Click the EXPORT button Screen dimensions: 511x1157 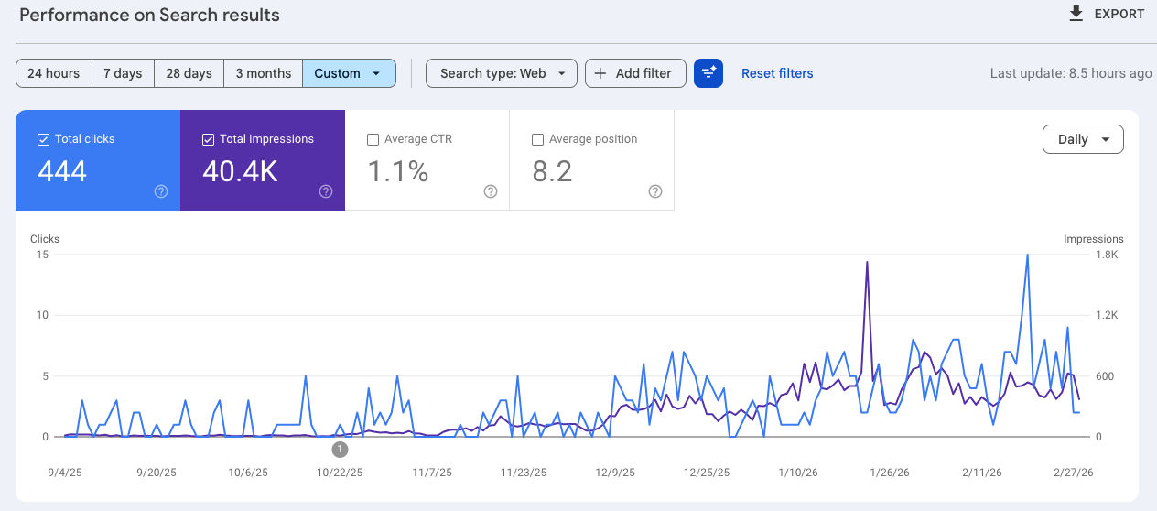[1106, 14]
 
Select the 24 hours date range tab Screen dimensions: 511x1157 [54, 73]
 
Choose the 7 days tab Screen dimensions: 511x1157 [123, 73]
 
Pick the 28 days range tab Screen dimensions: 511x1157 [189, 73]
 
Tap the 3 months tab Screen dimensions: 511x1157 [263, 73]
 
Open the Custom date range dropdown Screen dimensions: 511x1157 [348, 73]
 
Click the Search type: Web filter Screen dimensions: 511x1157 [501, 73]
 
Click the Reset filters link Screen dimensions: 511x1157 [777, 73]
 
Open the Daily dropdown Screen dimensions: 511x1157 [1083, 139]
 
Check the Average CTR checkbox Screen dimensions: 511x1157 [373, 139]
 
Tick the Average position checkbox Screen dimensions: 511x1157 [537, 139]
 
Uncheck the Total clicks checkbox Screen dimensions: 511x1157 [43, 139]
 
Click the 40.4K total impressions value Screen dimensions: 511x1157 [240, 171]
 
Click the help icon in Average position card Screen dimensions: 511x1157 [655, 191]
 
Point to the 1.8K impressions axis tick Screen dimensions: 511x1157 [1107, 255]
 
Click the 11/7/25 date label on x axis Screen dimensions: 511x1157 [432, 473]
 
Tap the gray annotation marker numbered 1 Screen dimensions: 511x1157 [340, 450]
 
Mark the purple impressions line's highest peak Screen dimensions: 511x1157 [866, 262]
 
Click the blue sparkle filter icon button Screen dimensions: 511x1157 [708, 73]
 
